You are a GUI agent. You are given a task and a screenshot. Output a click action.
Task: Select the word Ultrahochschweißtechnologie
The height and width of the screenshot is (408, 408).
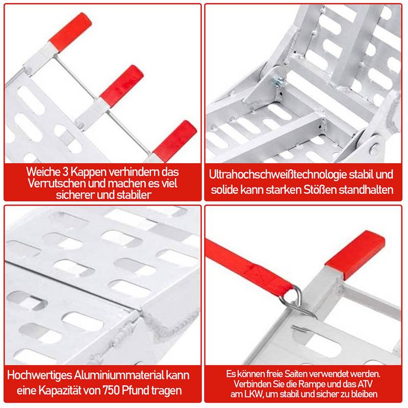(x=276, y=175)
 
